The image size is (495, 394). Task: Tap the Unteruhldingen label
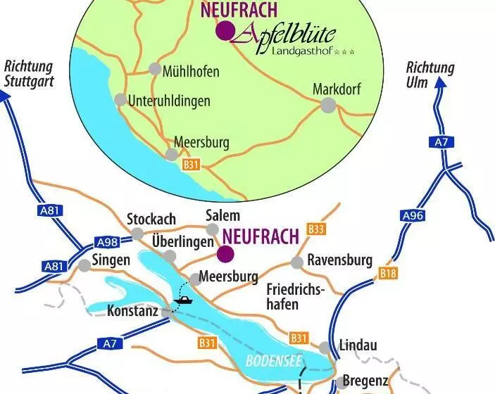170,101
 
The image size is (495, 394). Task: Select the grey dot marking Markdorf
327,105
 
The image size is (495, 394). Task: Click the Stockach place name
151,219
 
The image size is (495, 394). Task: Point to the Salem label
223,216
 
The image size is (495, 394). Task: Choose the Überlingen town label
182,241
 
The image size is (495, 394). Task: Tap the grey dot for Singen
84,265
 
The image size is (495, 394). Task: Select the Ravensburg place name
339,260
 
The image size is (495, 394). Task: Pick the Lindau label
358,345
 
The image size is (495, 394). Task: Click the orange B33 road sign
317,229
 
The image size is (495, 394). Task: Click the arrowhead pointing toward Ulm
440,82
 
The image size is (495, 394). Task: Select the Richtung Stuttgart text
29,74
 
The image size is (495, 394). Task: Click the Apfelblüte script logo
285,33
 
